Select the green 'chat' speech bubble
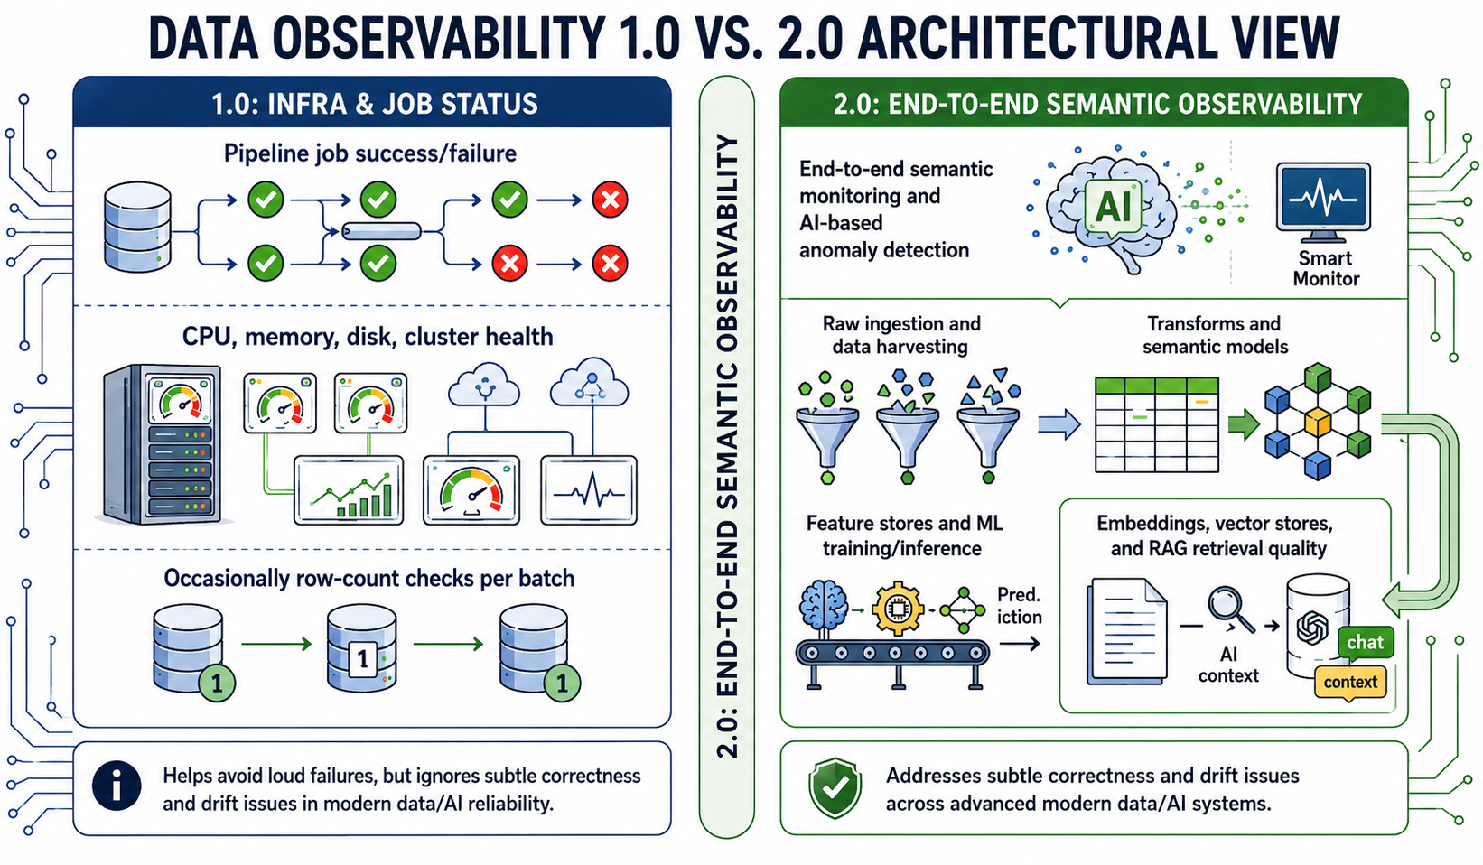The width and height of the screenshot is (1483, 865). coord(1366,642)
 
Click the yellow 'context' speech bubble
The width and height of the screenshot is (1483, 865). coord(1350,683)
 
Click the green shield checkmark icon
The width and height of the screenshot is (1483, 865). coord(835,787)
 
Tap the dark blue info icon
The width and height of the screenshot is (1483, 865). coord(117,786)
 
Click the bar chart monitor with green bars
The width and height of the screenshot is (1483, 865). coord(349,490)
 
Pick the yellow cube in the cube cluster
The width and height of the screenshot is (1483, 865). coord(1317,421)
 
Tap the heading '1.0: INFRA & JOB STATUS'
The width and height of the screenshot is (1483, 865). coord(374,104)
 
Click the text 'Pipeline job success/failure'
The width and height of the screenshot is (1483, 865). coord(370,153)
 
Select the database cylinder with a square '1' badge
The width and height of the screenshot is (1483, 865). coord(361,648)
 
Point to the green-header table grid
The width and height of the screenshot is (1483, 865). coord(1157,424)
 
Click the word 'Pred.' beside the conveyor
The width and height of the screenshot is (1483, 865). coord(1019,593)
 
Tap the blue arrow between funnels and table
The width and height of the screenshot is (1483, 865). coord(1059,424)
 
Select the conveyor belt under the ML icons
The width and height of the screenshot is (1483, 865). coord(892,663)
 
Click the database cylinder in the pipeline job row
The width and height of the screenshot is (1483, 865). coord(137,227)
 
